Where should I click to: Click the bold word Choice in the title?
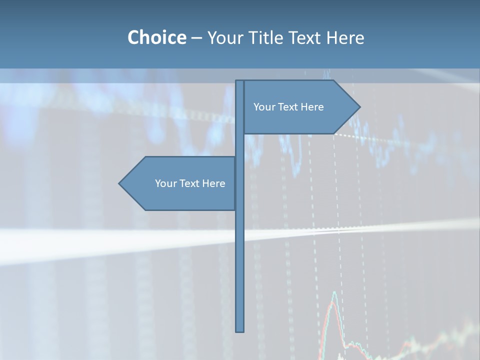(156, 37)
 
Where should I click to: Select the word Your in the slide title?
(224, 37)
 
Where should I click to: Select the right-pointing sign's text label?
(288, 107)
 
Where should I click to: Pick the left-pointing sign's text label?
(190, 183)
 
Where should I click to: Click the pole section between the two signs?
(240, 145)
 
